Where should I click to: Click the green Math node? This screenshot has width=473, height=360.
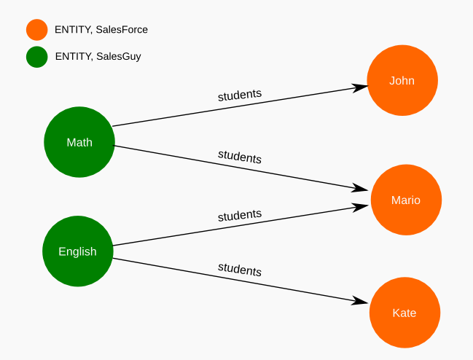pos(79,142)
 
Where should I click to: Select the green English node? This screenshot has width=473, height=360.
pos(78,251)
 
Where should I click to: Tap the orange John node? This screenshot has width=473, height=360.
pos(402,80)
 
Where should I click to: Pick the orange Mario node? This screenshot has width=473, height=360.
pos(406,200)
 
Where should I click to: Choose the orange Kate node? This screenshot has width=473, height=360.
pos(404,313)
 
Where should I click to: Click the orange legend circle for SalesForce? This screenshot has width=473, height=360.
pos(36,30)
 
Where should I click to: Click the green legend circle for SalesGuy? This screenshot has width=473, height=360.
pos(36,56)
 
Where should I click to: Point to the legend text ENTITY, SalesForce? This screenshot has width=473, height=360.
pos(101,30)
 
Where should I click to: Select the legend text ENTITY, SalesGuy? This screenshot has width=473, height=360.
pos(98,56)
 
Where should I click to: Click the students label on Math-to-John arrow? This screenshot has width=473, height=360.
pos(240,95)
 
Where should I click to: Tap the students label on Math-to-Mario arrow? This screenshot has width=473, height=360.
pos(240,156)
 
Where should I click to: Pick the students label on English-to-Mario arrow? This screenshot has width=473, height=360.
pos(240,216)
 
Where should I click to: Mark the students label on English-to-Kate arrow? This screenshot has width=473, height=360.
pos(240,270)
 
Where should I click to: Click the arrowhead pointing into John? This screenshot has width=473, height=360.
pos(360,87)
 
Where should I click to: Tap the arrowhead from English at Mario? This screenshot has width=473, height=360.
pos(362,207)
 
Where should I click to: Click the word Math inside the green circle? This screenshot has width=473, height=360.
pos(79,142)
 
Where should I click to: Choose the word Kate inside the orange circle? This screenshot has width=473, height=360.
pos(404,313)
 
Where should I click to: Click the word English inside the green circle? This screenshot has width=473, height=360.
pos(78,251)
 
